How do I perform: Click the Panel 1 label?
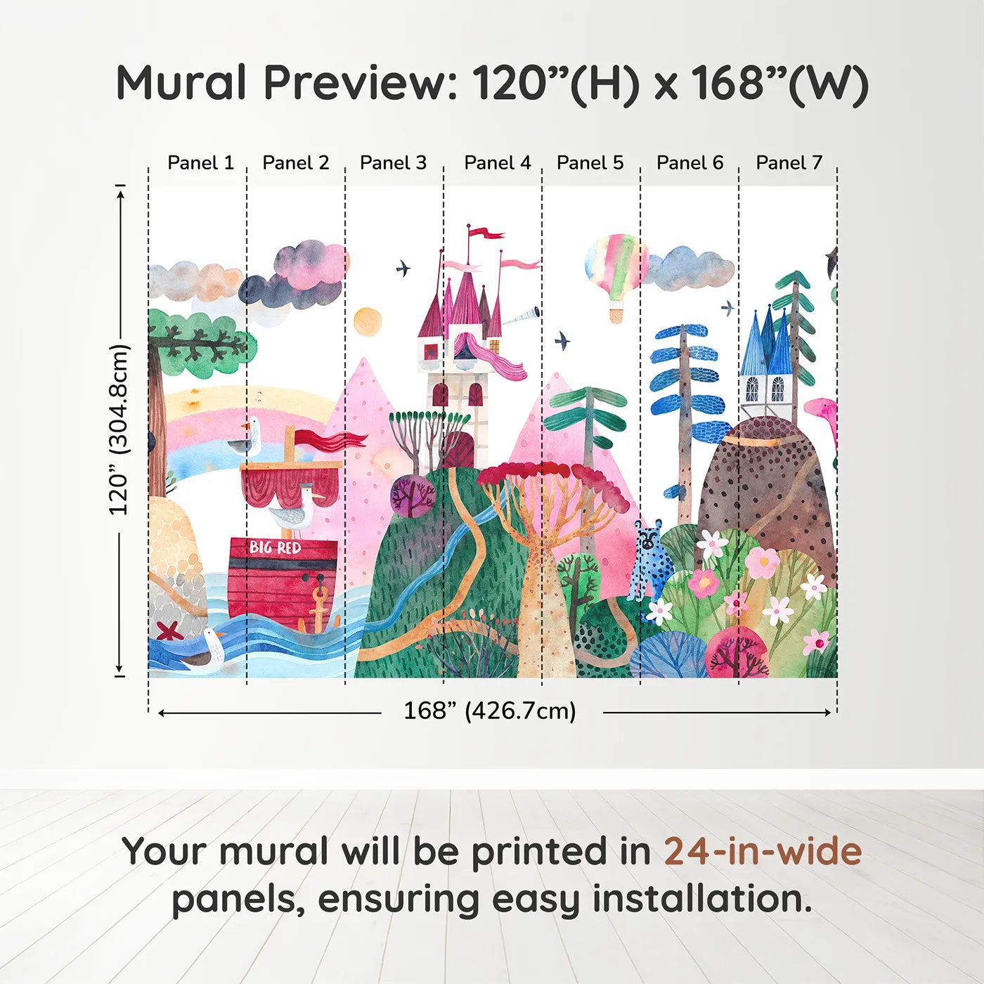200,163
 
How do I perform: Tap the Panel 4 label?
497,163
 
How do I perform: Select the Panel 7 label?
789,163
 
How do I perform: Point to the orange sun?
368,322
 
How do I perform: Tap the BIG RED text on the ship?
275,548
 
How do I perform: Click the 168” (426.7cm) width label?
489,711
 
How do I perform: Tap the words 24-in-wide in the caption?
763,851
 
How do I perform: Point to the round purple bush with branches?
413,496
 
